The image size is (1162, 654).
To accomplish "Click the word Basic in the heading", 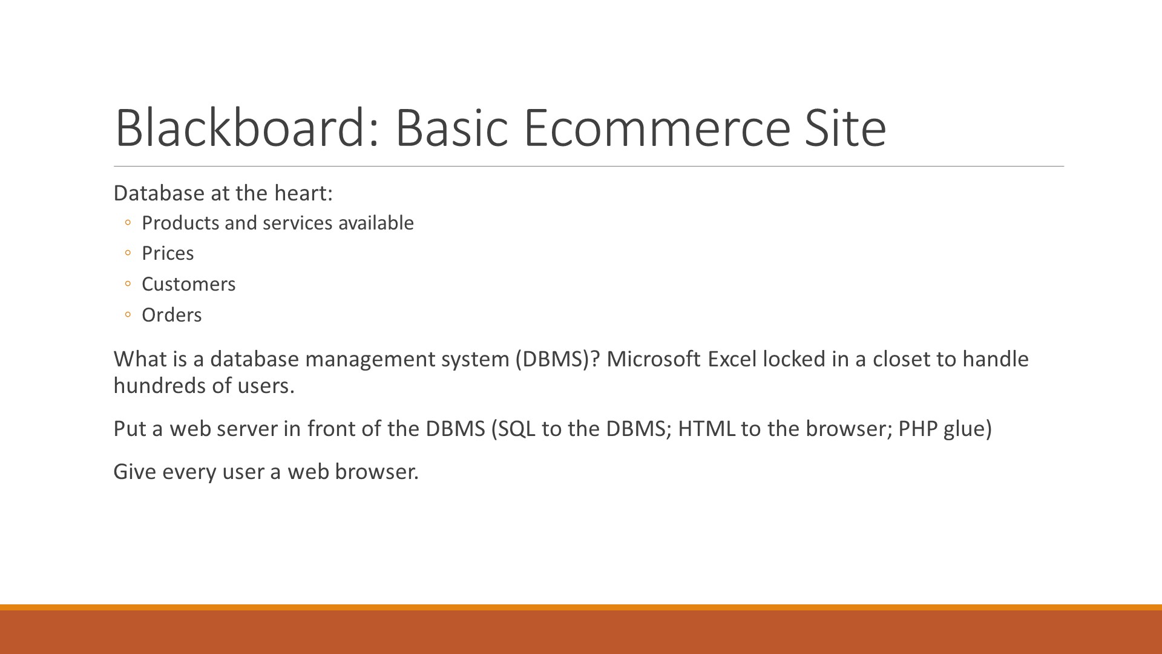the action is (451, 127).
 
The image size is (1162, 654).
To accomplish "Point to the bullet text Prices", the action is (168, 253).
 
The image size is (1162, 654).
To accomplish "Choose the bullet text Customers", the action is (189, 284).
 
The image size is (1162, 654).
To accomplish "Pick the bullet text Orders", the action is (172, 315).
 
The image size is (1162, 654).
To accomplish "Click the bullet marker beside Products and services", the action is (127, 223).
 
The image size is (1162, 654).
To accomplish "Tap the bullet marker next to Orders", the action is (127, 315).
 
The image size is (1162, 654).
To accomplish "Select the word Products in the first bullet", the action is (180, 223).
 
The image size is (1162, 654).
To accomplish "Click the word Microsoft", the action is (654, 359).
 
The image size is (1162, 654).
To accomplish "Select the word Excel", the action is (732, 359).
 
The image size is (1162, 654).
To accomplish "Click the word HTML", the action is (706, 429).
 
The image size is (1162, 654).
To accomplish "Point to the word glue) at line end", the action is (968, 429).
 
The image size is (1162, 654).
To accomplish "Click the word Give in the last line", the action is (135, 472).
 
